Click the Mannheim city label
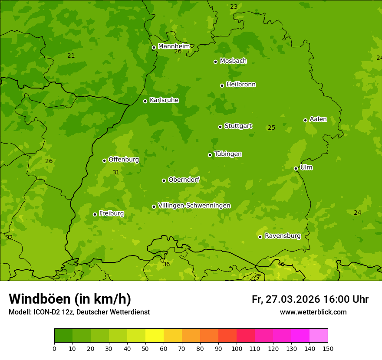[x=174, y=46]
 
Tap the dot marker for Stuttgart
[x=220, y=127]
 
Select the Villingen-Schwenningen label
[x=194, y=206]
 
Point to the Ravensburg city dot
[x=260, y=237]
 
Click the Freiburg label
[x=111, y=213]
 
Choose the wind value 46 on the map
[x=281, y=264]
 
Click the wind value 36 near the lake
[x=166, y=264]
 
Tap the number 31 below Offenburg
[x=116, y=172]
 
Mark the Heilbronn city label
[x=241, y=85]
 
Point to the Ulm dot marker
[x=296, y=168]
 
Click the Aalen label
[x=318, y=119]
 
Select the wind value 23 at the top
[x=234, y=7]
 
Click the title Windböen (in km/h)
[x=70, y=299]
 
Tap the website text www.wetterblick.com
[x=313, y=312]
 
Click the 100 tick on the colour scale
[x=237, y=348]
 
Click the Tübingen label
[x=228, y=154]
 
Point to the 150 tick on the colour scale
[x=328, y=348]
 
